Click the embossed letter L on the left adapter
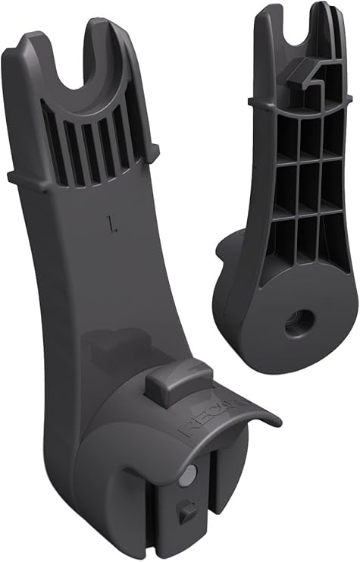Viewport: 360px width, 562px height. pyautogui.click(x=112, y=223)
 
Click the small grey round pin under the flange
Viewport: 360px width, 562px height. pyautogui.click(x=190, y=473)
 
